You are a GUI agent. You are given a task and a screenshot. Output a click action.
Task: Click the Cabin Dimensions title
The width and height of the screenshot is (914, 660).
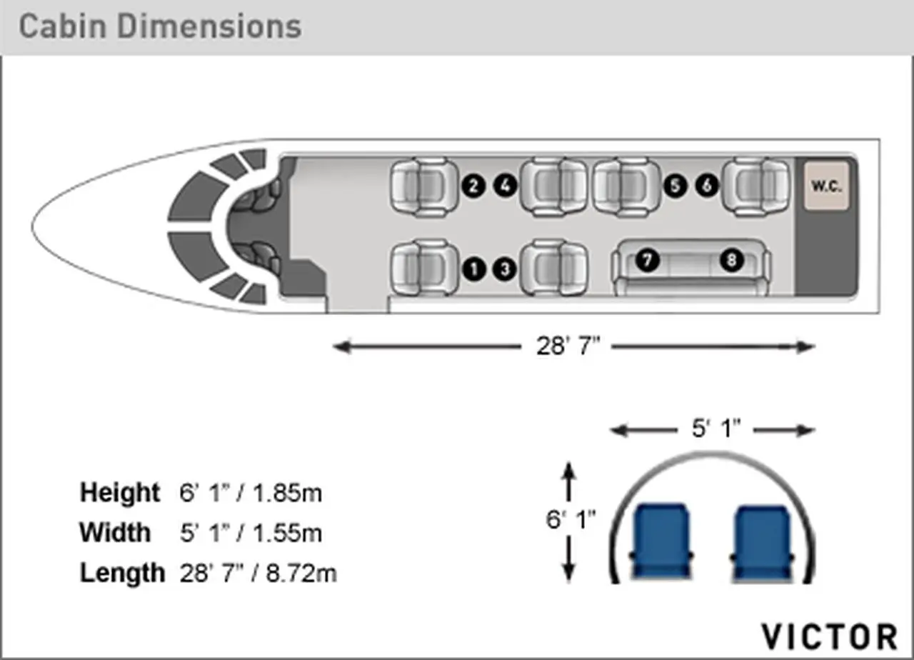pyautogui.click(x=160, y=27)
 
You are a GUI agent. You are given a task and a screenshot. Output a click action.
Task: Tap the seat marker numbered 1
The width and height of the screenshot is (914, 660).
pyautogui.click(x=474, y=269)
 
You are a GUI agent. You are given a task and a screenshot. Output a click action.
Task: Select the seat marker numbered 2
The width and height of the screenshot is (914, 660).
pyautogui.click(x=473, y=186)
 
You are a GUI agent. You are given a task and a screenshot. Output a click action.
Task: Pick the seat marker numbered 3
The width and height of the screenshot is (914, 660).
pyautogui.click(x=505, y=269)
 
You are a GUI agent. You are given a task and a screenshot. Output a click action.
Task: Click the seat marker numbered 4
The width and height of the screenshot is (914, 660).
pyautogui.click(x=505, y=186)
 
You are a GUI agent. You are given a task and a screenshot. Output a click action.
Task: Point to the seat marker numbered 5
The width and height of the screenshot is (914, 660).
pyautogui.click(x=676, y=186)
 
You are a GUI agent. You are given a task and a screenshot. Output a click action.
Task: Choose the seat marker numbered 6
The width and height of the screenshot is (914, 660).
pyautogui.click(x=707, y=185)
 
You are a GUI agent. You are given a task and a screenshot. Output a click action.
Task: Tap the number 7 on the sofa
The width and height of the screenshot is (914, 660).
pyautogui.click(x=648, y=260)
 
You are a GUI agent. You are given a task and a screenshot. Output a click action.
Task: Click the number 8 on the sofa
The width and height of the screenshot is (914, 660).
pyautogui.click(x=731, y=260)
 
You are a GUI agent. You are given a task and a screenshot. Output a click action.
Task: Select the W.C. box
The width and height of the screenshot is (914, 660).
pyautogui.click(x=827, y=186)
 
